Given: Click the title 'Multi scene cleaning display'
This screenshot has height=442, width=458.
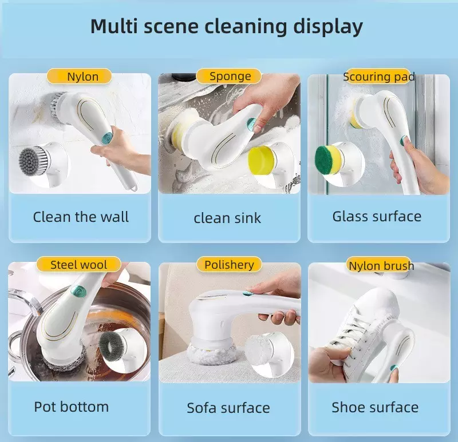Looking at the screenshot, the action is click(x=226, y=27).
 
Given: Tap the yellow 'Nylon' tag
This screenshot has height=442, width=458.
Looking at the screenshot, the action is click(x=79, y=77).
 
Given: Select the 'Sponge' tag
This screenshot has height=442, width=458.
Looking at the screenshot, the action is click(x=228, y=76).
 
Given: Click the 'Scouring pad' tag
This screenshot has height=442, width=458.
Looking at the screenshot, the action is click(x=379, y=77).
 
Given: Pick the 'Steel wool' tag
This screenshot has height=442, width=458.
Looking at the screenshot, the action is click(x=78, y=264).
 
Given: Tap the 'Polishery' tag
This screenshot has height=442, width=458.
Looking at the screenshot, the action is click(x=229, y=265).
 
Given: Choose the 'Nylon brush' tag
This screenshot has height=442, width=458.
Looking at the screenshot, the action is click(x=381, y=265).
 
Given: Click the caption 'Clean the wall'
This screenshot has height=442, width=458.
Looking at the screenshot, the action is click(x=81, y=217).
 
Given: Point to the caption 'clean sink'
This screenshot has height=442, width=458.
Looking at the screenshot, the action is click(x=227, y=218).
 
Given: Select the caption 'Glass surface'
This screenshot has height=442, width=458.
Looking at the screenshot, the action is click(x=377, y=217).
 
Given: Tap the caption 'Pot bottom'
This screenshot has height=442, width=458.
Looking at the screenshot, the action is click(x=71, y=407).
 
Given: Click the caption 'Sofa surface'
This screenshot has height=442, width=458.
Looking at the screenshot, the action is click(x=228, y=408).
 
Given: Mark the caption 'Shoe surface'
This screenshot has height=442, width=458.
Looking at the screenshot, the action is click(x=375, y=407).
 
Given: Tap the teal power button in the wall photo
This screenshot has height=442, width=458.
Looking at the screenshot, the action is click(x=107, y=138).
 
